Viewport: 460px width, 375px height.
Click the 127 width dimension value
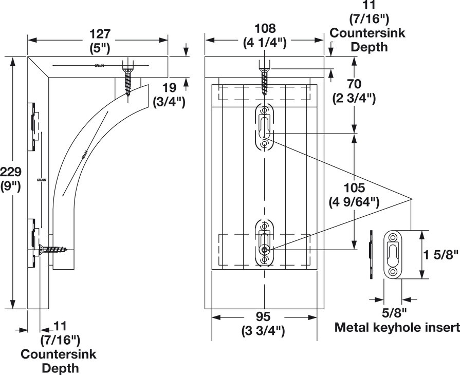100,34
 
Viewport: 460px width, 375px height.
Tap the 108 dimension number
265,28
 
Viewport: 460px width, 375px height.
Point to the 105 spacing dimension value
355,188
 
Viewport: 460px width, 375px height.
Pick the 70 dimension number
355,84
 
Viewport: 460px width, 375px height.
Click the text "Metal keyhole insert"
397,327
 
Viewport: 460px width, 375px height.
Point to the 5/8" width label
394,311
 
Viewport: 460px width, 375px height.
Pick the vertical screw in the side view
127,78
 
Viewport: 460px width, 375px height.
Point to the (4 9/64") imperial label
355,202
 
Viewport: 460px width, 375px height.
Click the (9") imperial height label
10,185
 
